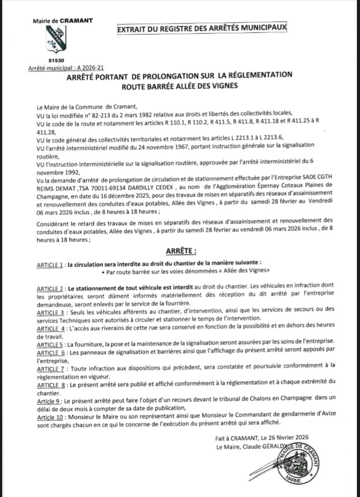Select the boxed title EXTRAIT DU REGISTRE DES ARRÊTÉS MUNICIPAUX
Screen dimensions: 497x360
[x=202, y=29]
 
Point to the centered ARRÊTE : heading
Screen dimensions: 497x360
[x=181, y=251]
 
